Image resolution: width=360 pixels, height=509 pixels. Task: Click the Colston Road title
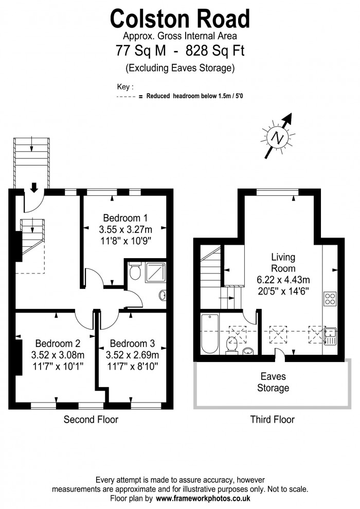[180, 19]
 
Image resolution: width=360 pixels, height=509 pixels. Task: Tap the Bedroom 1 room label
[125, 217]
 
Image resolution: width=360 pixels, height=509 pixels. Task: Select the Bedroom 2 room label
[58, 343]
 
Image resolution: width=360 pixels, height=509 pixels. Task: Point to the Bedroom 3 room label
[132, 343]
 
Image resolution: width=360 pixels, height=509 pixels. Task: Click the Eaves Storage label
[273, 382]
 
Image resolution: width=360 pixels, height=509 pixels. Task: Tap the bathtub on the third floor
[210, 334]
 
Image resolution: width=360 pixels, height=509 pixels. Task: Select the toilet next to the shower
[135, 271]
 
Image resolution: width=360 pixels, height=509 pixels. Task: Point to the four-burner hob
[330, 299]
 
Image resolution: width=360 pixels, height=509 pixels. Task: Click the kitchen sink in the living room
[331, 336]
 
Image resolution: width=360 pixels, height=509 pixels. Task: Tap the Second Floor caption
[91, 420]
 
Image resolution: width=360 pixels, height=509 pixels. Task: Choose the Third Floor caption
[273, 420]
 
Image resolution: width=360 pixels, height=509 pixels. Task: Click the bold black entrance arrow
[34, 187]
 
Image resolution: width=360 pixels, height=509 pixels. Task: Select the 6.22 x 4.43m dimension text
[283, 280]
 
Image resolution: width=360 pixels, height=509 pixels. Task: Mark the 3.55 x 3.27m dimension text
[125, 229]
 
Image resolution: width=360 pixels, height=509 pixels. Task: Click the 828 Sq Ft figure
[215, 50]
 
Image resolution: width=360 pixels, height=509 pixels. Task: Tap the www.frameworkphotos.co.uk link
[203, 499]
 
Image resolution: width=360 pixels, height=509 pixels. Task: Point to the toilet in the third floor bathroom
[231, 344]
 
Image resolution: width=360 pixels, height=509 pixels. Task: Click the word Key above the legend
[123, 87]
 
